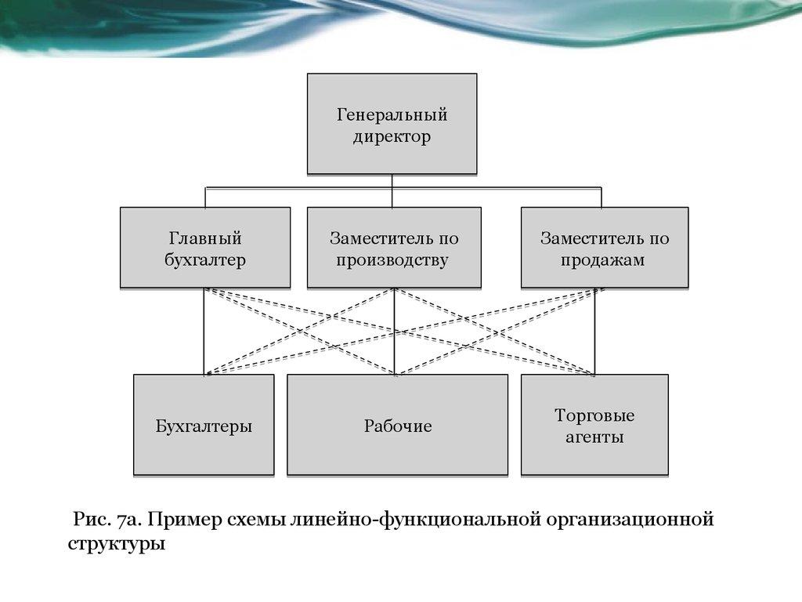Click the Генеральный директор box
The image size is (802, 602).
[392, 123]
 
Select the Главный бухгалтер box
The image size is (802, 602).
[204, 248]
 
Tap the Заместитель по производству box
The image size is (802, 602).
[393, 248]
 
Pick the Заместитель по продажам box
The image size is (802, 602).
[605, 248]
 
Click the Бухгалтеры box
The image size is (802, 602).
[204, 426]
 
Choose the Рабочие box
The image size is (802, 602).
[398, 426]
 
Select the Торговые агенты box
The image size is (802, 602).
[594, 426]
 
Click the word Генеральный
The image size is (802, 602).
[392, 115]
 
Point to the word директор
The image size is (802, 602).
[392, 138]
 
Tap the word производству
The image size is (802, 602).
[392, 260]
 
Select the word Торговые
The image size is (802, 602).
[594, 415]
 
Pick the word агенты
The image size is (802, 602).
[594, 437]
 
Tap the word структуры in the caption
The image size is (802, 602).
[116, 543]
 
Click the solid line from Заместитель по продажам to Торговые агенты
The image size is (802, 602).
[595, 329]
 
